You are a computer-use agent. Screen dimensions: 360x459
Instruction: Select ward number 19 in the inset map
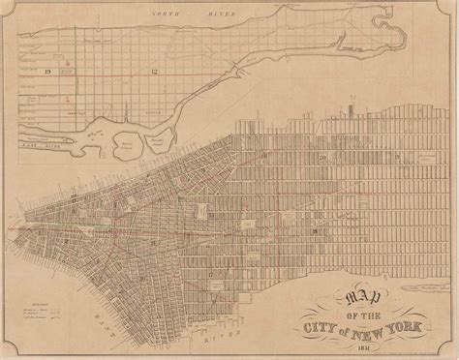pos(46,72)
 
